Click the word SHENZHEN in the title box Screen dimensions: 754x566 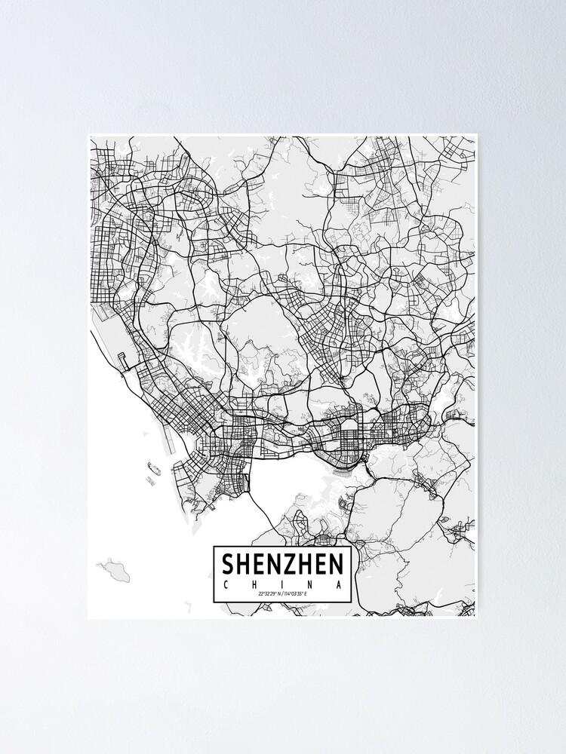(x=282, y=564)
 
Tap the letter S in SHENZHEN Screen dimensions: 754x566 (x=228, y=564)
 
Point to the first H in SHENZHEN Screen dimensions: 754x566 (x=243, y=564)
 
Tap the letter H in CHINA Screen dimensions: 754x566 (x=254, y=584)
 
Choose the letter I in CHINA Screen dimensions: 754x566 (x=282, y=584)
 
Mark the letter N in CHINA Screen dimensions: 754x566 (x=310, y=584)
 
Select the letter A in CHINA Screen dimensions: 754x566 (x=339, y=584)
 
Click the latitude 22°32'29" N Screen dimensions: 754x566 (x=269, y=595)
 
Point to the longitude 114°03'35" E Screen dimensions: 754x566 (x=296, y=595)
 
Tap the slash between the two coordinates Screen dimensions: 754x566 (x=281, y=595)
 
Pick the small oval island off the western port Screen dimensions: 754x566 (x=154, y=470)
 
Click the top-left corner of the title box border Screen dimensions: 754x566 (x=214, y=547)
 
